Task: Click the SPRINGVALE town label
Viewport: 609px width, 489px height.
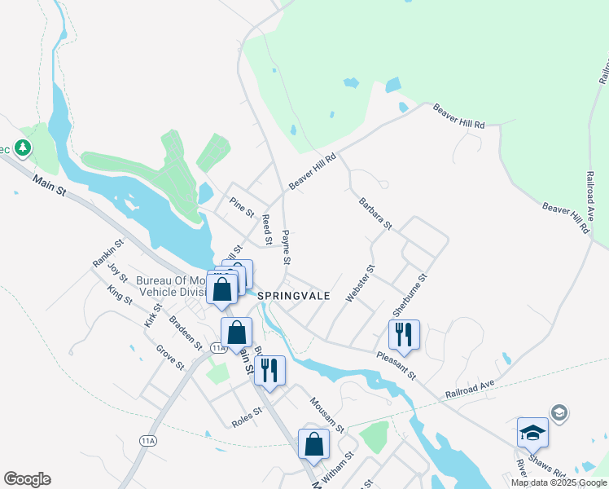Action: [294, 297]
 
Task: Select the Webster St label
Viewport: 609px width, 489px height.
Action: [359, 284]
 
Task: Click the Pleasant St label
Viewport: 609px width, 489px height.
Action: [396, 365]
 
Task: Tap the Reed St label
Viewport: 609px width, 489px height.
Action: [266, 229]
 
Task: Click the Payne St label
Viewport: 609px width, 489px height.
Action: [286, 247]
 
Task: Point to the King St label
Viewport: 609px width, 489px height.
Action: [120, 295]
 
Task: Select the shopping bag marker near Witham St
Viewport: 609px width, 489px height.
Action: [314, 444]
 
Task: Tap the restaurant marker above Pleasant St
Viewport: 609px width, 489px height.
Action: [404, 334]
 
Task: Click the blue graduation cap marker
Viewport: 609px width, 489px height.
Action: [532, 432]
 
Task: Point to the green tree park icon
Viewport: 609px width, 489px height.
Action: [24, 148]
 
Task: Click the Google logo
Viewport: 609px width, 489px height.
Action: [27, 479]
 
